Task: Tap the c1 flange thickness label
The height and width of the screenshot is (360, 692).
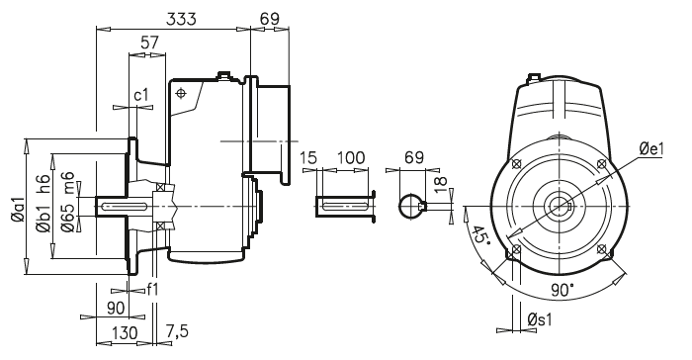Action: tap(141, 95)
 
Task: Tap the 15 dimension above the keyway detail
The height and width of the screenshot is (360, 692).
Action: tap(306, 157)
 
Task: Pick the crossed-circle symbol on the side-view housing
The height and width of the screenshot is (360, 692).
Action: tap(181, 93)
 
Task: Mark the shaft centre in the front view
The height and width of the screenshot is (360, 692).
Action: tap(559, 207)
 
